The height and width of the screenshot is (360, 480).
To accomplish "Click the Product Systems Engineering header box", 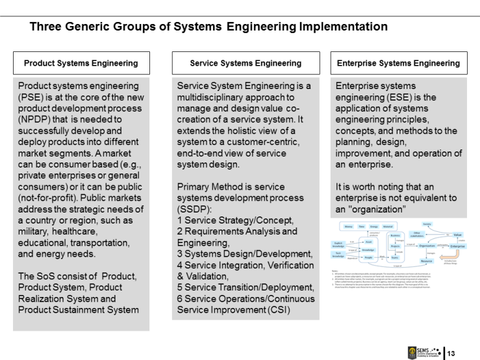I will pyautogui.click(x=81, y=63).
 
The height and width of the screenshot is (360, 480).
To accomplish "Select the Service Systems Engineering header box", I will pyautogui.click(x=246, y=63).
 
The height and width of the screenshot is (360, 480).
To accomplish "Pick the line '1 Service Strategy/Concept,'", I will pyautogui.click(x=235, y=220).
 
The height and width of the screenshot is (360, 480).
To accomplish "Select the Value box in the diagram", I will pyautogui.click(x=457, y=234).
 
